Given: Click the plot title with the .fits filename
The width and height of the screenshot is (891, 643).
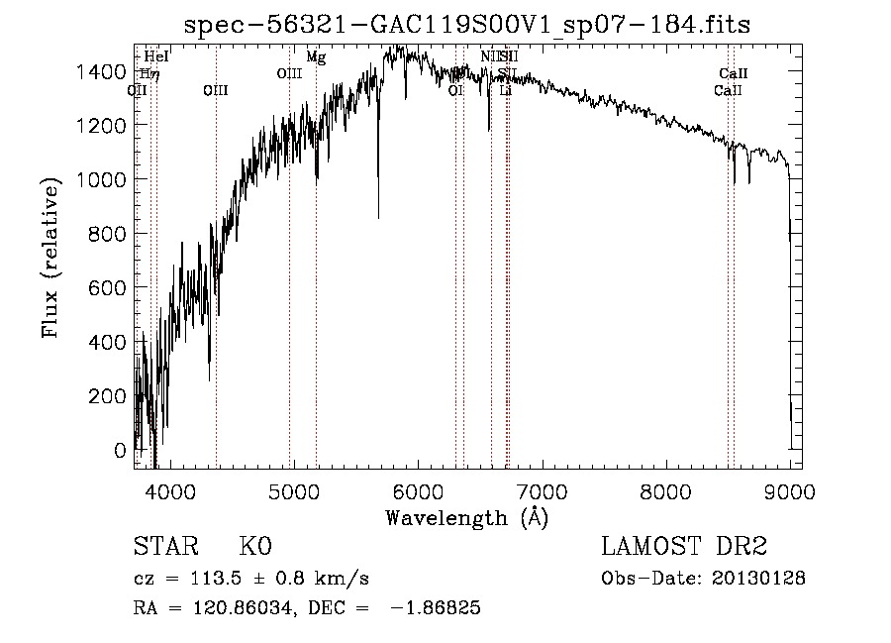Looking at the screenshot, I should click(x=467, y=25).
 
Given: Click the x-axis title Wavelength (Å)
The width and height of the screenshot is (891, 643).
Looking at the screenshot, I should click(x=466, y=517).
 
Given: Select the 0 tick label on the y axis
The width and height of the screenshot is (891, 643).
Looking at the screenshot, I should click(x=121, y=450).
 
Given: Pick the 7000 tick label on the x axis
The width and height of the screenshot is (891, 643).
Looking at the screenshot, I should click(x=543, y=491).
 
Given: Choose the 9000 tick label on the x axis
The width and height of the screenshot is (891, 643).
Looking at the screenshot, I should click(x=790, y=491).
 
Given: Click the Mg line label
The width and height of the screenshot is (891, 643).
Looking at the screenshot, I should click(x=316, y=57).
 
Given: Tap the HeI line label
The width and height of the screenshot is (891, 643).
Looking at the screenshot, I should click(x=156, y=57).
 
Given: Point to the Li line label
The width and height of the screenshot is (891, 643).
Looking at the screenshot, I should click(x=505, y=90).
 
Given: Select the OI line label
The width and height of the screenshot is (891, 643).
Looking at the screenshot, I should click(x=456, y=90).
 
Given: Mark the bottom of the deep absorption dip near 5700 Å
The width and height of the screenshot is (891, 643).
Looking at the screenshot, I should click(x=378, y=217).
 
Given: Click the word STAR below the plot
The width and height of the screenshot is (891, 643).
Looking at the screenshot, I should click(x=165, y=547).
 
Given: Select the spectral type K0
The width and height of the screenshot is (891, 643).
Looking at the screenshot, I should click(x=255, y=547).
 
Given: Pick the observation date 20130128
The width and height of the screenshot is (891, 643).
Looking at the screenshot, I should click(x=759, y=579).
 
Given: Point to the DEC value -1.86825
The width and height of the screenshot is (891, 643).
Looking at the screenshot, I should click(x=437, y=608).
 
